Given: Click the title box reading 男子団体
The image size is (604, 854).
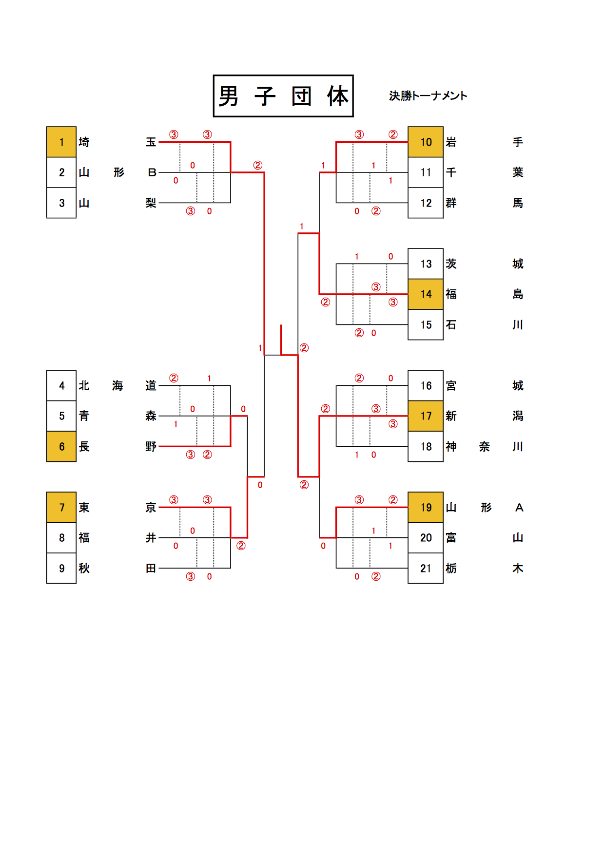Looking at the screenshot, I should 283,96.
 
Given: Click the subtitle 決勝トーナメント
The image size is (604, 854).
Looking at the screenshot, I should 428,96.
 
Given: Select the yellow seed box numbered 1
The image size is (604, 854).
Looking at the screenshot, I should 61,142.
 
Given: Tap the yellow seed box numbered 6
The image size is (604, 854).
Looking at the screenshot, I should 61,447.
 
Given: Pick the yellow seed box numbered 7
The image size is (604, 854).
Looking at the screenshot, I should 61,508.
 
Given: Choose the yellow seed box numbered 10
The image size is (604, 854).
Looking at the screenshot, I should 426,142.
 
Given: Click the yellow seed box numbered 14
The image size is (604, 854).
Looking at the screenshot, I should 426,294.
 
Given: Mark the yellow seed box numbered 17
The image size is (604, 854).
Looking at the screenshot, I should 426,416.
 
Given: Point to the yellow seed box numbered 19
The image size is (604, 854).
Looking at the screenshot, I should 426,508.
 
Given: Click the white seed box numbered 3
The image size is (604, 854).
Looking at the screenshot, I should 61,203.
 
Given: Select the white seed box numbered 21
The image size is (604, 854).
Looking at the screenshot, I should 426,569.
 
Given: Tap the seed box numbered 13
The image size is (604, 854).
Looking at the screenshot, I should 426,264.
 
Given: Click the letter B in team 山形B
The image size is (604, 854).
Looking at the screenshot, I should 152,172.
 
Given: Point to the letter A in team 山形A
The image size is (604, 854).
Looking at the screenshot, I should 519,508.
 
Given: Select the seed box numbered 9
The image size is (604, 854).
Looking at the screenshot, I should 61,569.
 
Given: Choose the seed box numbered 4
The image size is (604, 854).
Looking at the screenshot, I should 61,386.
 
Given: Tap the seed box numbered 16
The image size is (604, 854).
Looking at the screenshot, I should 426,386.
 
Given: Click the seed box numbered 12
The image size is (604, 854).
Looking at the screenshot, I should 426,203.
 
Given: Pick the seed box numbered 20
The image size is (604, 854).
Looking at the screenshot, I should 426,538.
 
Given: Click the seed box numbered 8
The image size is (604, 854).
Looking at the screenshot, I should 61,538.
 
